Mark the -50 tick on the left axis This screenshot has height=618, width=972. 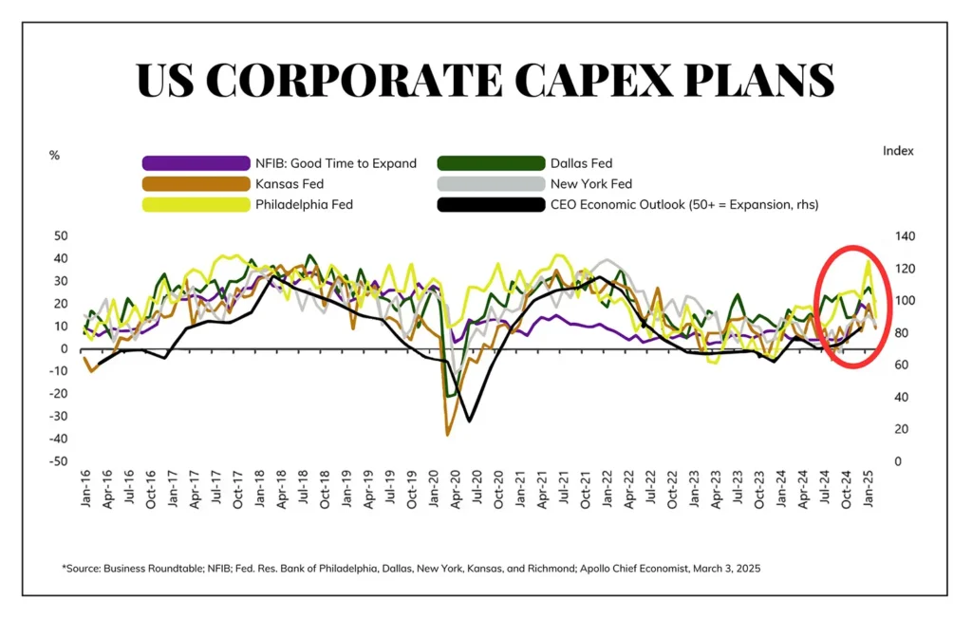point(60,461)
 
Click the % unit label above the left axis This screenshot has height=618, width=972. point(54,154)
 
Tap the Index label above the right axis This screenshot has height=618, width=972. point(898,150)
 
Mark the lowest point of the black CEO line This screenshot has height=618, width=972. point(469,421)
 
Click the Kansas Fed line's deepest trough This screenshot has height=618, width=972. point(448,435)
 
